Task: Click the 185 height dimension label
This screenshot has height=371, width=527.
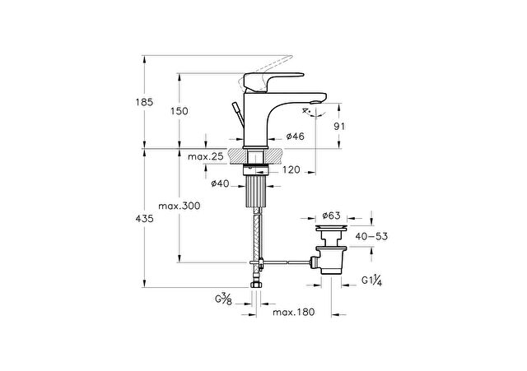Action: click(144, 102)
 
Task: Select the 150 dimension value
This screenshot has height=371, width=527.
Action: click(180, 111)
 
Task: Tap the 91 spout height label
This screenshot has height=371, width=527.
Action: click(339, 127)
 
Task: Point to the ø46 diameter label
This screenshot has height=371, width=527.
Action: click(295, 136)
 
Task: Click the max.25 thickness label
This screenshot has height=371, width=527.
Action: click(205, 156)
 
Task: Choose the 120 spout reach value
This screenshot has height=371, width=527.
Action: click(291, 169)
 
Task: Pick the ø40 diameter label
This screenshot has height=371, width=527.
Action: click(220, 183)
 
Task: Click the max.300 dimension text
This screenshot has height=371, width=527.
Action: click(180, 206)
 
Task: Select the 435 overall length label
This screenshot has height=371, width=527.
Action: click(144, 219)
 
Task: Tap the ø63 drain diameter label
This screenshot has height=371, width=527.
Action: click(331, 216)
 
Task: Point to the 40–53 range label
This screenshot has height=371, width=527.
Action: click(371, 236)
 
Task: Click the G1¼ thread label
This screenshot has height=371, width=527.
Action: click(371, 281)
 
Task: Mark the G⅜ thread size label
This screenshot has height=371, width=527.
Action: click(223, 299)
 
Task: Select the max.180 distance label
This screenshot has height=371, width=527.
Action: click(293, 313)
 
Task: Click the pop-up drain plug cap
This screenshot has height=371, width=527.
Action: click(331, 229)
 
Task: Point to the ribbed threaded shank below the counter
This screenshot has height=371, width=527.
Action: click(257, 192)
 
